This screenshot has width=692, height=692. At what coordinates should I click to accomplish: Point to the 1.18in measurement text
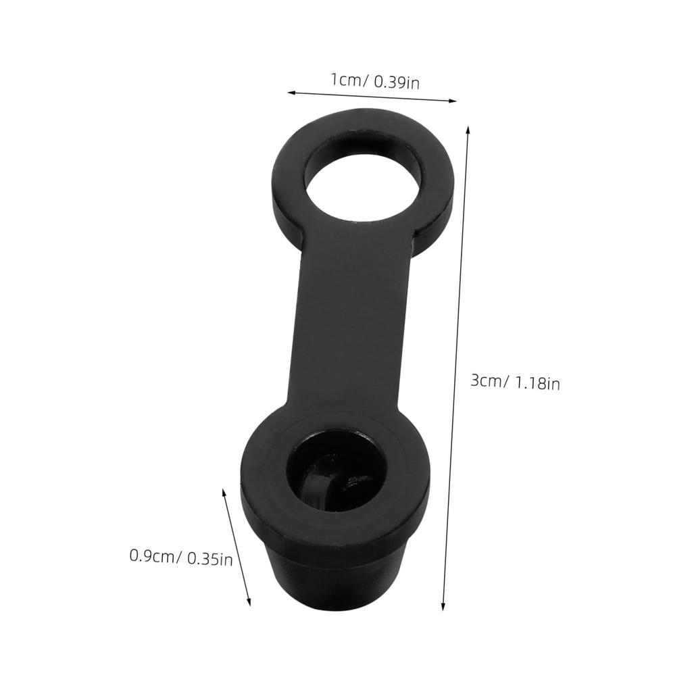[537, 382]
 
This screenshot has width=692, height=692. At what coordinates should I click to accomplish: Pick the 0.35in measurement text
[209, 559]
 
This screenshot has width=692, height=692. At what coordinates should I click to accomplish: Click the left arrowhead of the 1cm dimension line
[291, 92]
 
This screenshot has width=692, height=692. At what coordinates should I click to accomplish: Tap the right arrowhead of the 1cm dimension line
[452, 101]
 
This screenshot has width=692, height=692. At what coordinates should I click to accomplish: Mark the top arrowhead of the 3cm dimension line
[468, 130]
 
